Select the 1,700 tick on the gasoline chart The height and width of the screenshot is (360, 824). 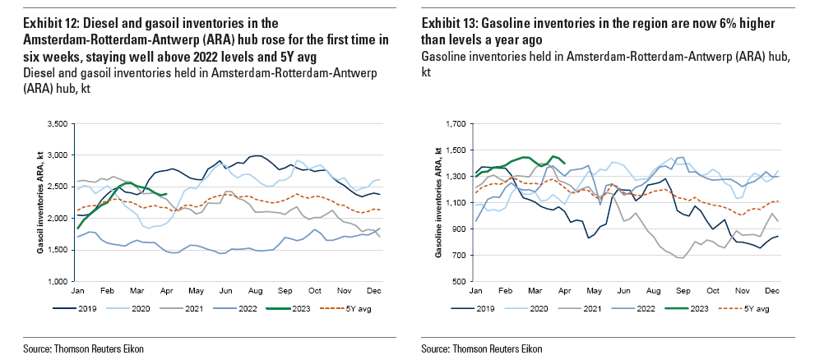tap(455, 124)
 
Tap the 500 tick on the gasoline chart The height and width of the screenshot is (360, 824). tap(458, 281)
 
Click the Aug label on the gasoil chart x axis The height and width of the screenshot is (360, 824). tap(255, 292)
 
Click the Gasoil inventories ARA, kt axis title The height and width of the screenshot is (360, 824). tap(39, 201)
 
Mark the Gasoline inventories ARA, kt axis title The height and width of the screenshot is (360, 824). tap(438, 201)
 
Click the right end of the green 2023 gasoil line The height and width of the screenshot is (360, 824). tap(167, 194)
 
